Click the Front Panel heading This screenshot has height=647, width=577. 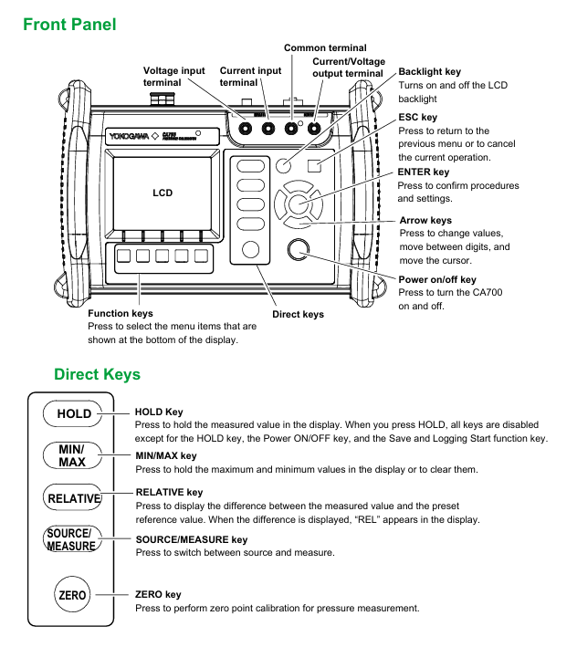coord(69,25)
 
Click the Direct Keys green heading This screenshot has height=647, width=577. coord(97,374)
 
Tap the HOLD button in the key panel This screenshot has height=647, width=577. coord(74,413)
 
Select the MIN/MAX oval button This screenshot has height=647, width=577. coord(72,456)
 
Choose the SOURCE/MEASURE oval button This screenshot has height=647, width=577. coord(71,539)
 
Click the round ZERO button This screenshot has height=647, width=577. coord(72,595)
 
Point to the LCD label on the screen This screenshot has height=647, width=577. coord(162,193)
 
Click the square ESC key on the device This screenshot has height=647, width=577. coord(315,165)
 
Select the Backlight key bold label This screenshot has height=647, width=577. coord(430,71)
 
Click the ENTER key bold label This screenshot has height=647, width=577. coord(424,172)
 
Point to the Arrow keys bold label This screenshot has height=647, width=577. coord(425,220)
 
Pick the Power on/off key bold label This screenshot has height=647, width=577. coord(437,279)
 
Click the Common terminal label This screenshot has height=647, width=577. coord(325,47)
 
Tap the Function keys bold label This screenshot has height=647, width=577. coord(113,314)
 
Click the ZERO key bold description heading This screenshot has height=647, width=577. coord(158,595)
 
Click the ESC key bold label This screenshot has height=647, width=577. coord(418,118)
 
